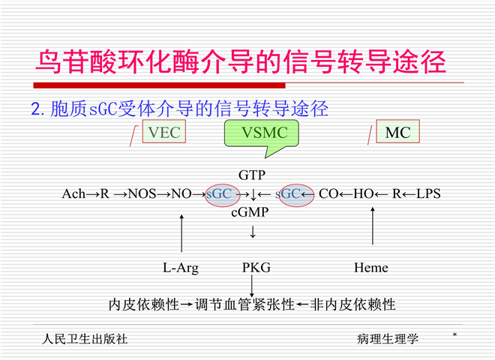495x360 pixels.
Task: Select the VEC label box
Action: pyautogui.click(x=164, y=133)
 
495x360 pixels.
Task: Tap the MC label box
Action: pyautogui.click(x=397, y=133)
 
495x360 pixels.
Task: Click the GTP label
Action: pyautogui.click(x=252, y=175)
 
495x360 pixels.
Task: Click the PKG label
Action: pyautogui.click(x=256, y=267)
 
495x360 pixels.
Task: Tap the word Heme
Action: pyautogui.click(x=371, y=267)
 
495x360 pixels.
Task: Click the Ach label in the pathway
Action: pyautogui.click(x=73, y=193)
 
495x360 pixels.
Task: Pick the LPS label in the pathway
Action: pyautogui.click(x=428, y=193)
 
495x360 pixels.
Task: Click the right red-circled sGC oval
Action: pyautogui.click(x=294, y=193)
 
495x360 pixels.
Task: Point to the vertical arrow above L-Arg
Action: pyautogui.click(x=181, y=233)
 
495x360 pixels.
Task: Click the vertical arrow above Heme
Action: pyautogui.click(x=373, y=229)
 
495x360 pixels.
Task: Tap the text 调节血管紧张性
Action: pyautogui.click(x=244, y=304)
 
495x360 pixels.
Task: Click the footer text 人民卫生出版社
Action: pyautogui.click(x=85, y=338)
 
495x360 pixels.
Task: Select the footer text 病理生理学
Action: pyautogui.click(x=388, y=338)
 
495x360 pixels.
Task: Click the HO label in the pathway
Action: pyautogui.click(x=363, y=193)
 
